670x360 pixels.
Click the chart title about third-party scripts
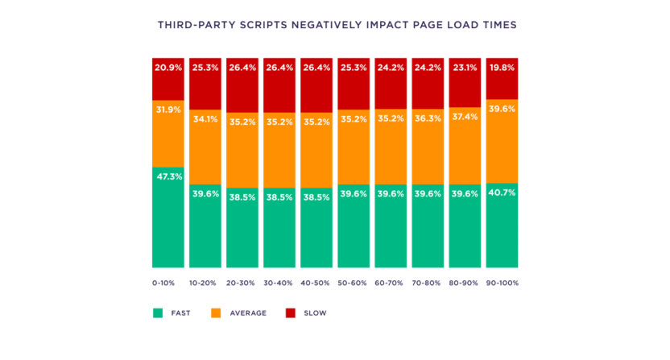(x=337, y=25)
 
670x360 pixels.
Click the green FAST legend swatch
(x=158, y=312)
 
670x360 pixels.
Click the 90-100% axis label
(x=502, y=284)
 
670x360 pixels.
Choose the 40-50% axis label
(x=316, y=284)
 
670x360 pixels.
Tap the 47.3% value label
(x=167, y=176)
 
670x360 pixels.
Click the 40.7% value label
(x=502, y=192)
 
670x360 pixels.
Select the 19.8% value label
(x=502, y=67)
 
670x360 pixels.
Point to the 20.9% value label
(x=167, y=67)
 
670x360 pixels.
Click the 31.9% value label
(x=167, y=110)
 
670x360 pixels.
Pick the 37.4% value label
(x=465, y=116)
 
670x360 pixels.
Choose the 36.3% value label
(x=428, y=118)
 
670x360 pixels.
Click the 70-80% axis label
(x=428, y=284)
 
